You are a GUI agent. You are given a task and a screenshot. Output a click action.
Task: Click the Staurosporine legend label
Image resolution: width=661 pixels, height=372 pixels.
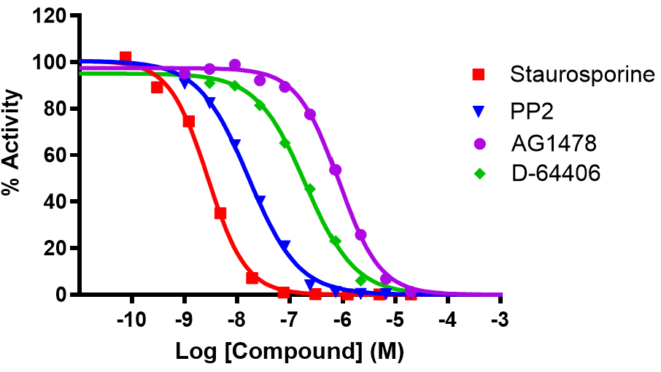click(x=582, y=74)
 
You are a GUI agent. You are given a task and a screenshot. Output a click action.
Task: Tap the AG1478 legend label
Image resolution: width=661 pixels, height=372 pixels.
click(x=548, y=144)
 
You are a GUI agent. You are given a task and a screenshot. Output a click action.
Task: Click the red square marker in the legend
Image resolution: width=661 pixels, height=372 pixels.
click(x=479, y=74)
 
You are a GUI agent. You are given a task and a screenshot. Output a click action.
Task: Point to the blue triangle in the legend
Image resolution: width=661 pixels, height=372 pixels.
click(x=479, y=112)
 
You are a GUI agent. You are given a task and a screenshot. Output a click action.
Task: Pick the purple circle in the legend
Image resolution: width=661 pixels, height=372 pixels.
click(x=479, y=144)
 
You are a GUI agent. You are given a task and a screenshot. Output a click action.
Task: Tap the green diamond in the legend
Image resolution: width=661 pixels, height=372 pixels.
click(x=479, y=174)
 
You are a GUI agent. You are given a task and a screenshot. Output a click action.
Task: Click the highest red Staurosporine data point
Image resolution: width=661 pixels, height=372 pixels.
click(x=125, y=57)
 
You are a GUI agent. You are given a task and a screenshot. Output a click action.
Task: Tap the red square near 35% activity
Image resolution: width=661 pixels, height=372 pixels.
click(x=220, y=213)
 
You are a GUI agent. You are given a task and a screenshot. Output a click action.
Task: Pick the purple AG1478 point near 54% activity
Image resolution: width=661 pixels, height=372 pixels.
click(x=336, y=169)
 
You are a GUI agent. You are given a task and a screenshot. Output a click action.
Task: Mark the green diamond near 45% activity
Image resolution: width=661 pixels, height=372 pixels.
click(x=309, y=189)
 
